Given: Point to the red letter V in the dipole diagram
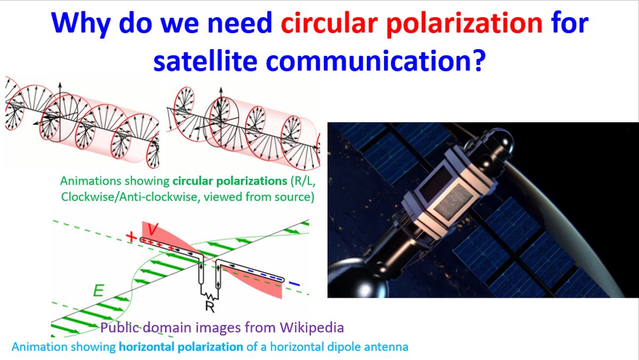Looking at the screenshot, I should (x=153, y=230).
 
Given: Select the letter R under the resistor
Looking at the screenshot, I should (x=209, y=305).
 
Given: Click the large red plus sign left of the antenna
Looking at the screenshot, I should (x=130, y=236).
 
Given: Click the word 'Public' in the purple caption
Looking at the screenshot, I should (x=119, y=327).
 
